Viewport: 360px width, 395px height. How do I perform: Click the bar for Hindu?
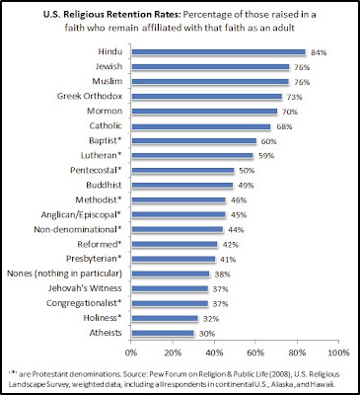219,52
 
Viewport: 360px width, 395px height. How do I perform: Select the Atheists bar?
163,333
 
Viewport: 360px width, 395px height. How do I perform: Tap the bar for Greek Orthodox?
207,97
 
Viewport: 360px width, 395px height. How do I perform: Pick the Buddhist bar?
182,186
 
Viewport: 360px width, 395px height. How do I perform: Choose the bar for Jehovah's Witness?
170,288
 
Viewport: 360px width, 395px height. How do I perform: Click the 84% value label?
319,52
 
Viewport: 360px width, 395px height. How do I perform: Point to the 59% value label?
266,156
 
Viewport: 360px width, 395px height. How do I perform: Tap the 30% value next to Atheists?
207,334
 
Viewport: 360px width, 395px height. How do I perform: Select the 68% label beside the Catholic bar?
284,126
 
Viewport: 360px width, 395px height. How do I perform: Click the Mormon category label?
105,111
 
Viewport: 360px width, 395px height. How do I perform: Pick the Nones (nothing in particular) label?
65,274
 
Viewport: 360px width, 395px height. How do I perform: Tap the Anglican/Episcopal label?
81,215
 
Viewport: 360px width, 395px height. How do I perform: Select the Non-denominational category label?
78,229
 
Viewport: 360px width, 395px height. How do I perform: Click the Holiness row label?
103,318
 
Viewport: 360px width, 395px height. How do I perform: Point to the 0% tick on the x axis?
131,353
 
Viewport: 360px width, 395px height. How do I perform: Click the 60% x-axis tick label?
255,353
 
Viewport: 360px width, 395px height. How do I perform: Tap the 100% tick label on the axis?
338,353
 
